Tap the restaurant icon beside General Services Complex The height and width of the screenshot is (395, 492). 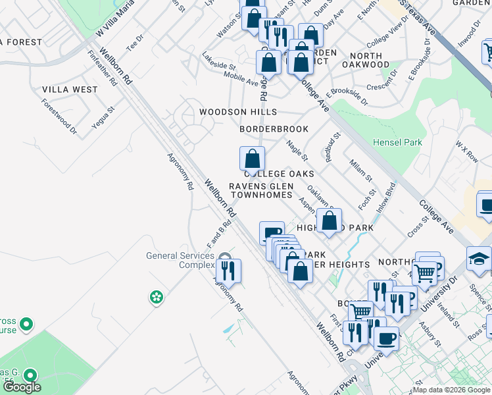tap(228, 271)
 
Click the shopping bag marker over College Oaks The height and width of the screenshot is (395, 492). tap(252, 159)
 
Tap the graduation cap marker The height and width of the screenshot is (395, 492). tap(479, 260)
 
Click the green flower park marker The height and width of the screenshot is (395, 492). tap(157, 298)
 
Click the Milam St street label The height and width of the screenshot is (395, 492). tap(360, 170)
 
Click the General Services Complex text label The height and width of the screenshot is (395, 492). tap(180, 260)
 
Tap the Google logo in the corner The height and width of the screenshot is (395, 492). tap(22, 387)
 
